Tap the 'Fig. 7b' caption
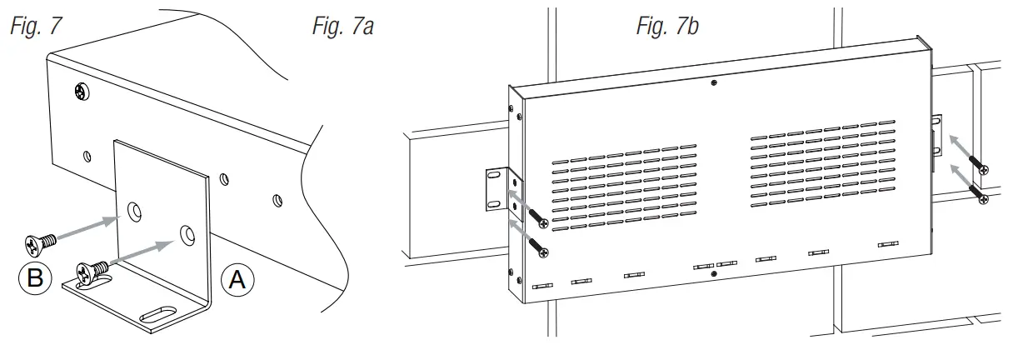click(666, 26)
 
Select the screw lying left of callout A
click(90, 272)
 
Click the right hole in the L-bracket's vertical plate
click(187, 234)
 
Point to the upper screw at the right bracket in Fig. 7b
click(983, 169)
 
